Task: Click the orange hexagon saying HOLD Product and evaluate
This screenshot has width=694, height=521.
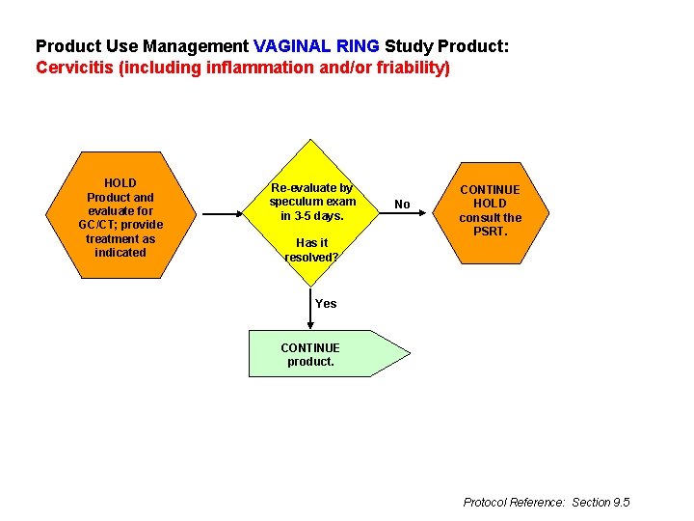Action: [x=120, y=217]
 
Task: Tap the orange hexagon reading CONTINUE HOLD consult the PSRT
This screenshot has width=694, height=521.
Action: [x=490, y=210]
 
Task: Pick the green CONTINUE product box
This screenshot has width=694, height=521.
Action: [x=318, y=354]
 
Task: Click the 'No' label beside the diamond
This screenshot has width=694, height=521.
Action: [x=403, y=205]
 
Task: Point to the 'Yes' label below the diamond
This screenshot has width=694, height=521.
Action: [x=326, y=304]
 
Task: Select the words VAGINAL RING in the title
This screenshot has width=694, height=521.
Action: [x=317, y=46]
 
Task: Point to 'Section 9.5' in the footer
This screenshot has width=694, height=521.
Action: [x=601, y=503]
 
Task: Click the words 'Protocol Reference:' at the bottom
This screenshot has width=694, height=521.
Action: [x=514, y=503]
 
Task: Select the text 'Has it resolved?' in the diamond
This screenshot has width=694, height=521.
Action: [x=311, y=250]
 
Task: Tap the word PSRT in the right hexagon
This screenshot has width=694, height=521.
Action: [x=490, y=232]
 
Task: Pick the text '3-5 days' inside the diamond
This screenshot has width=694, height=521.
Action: [x=319, y=216]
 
